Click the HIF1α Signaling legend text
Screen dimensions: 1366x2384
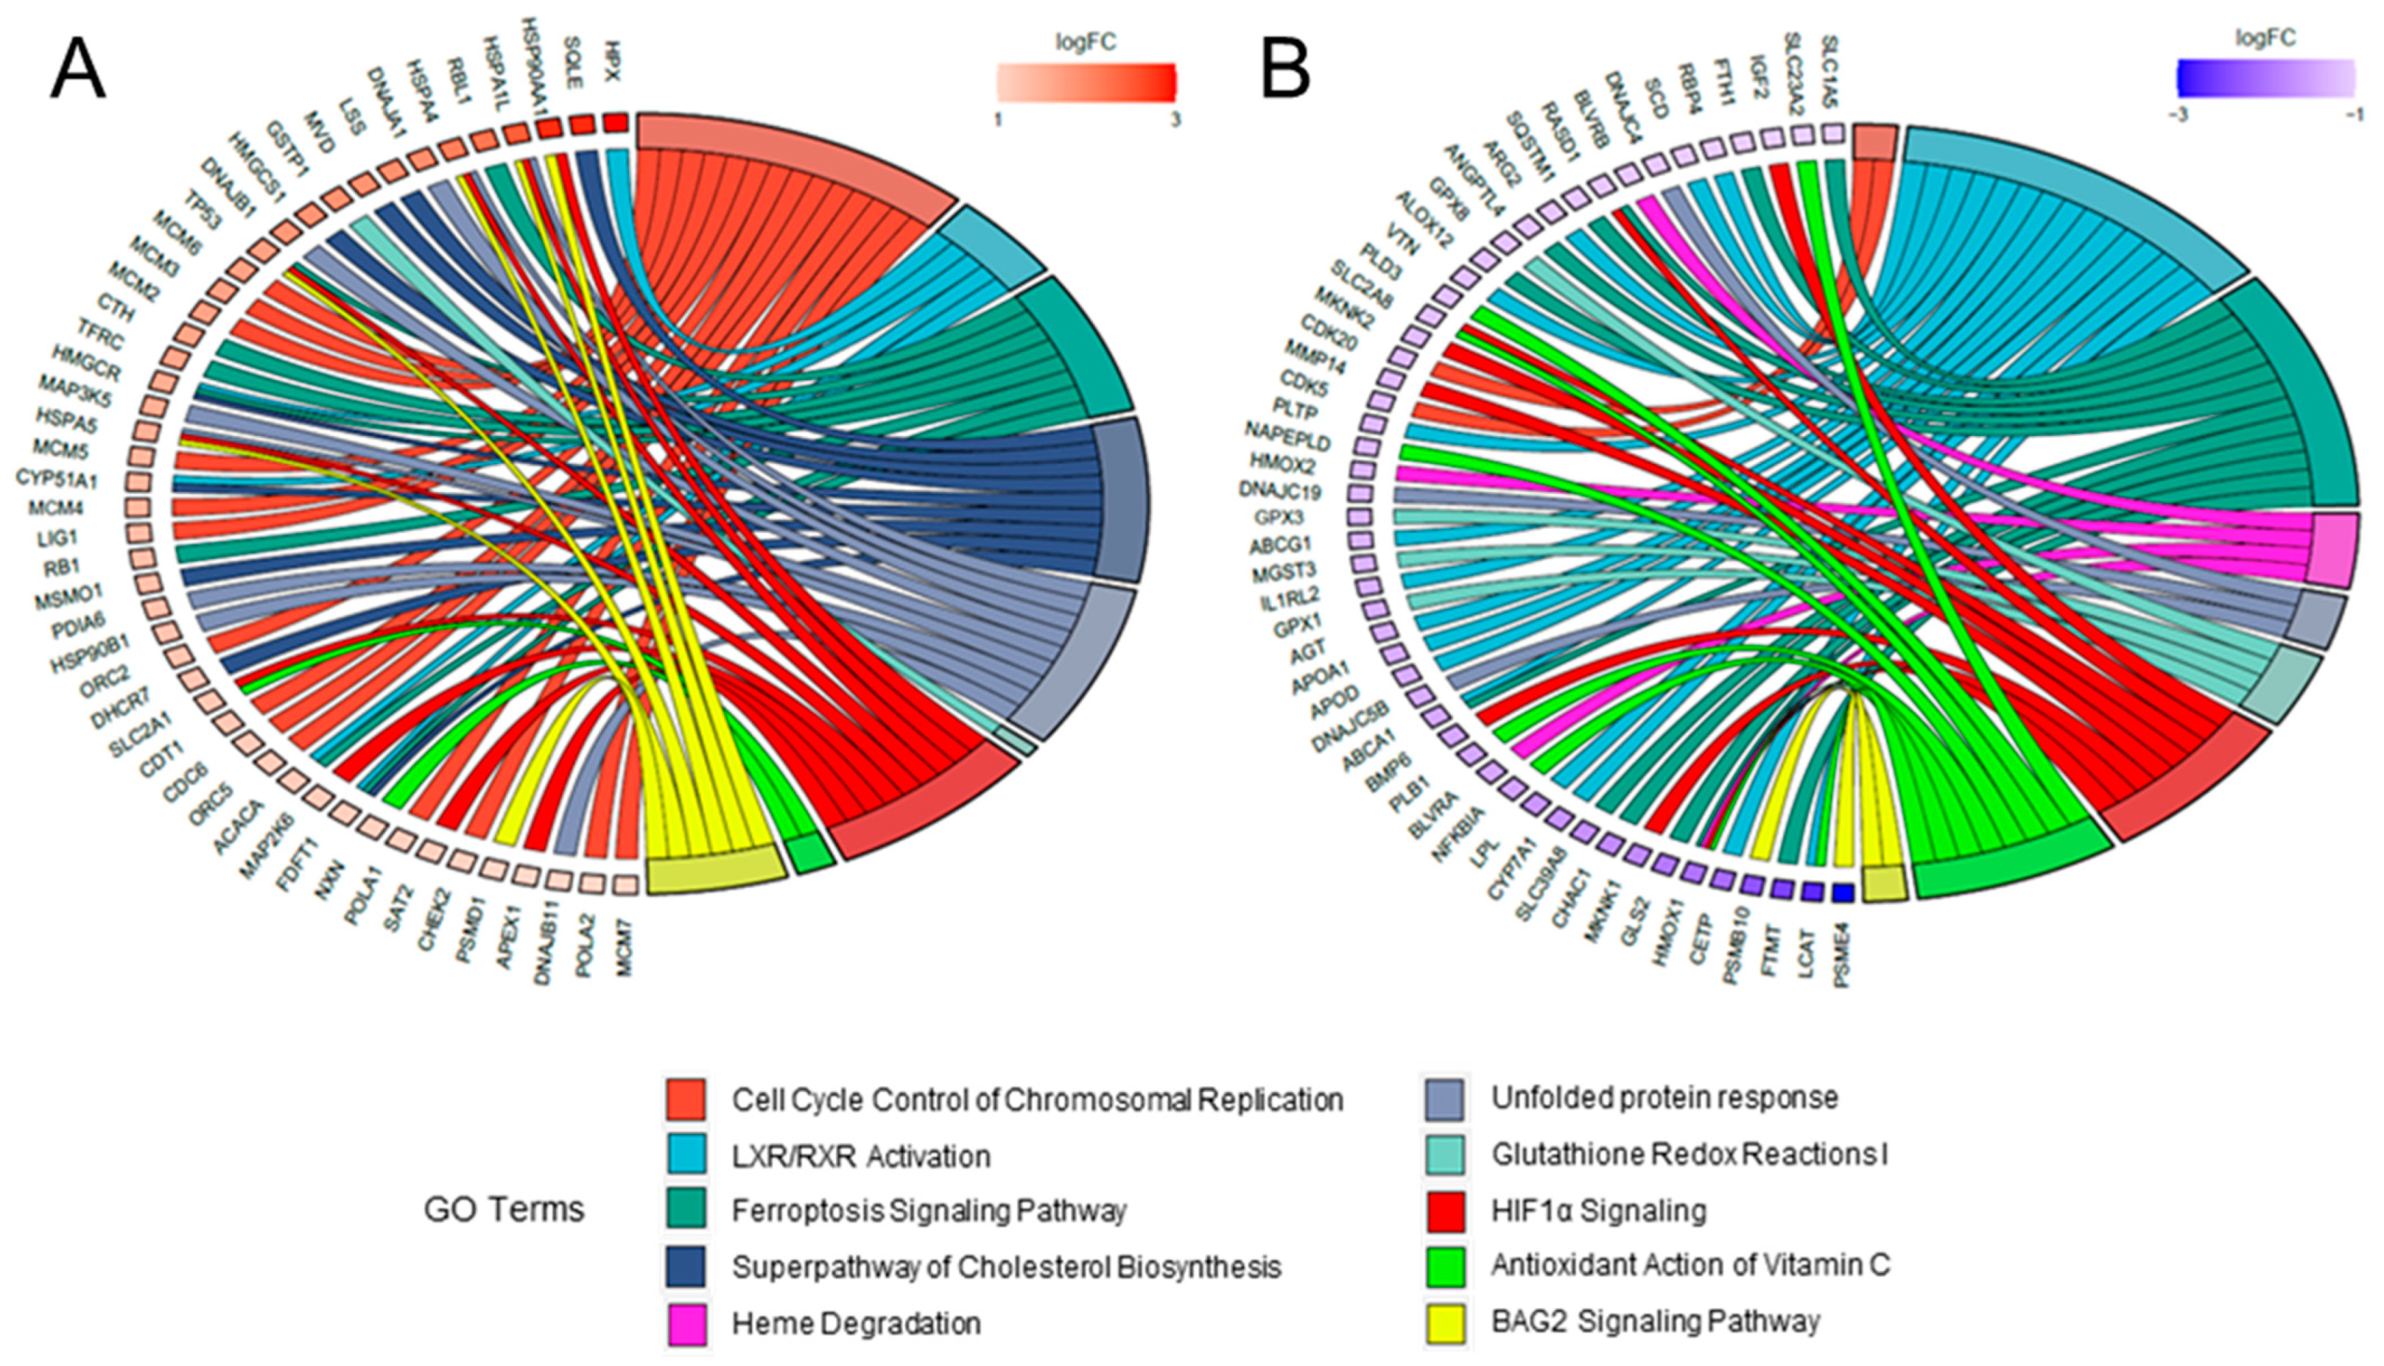coord(1598,1211)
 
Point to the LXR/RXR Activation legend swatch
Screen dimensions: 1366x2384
coord(685,1156)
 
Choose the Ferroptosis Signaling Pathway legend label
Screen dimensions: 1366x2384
coord(928,1211)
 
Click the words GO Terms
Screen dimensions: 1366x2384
coord(504,1210)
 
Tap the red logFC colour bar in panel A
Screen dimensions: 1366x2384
coord(1085,82)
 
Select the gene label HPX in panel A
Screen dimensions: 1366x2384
coord(613,59)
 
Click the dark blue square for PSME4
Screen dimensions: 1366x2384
coord(1842,893)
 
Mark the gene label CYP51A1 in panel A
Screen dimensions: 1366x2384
coord(57,479)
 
